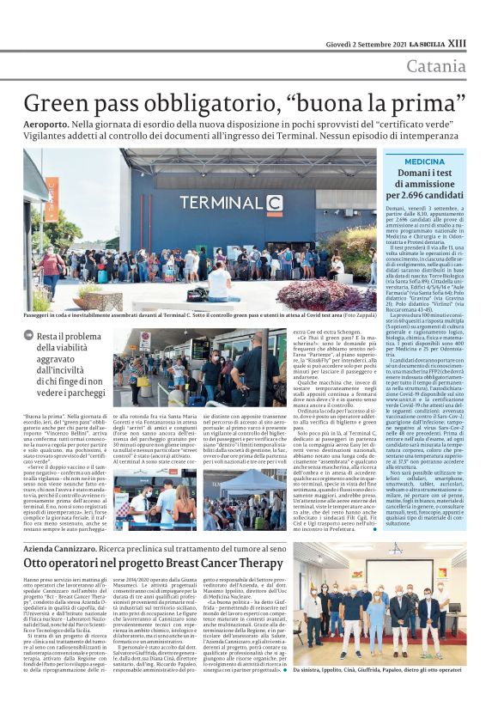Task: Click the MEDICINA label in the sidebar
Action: click(x=424, y=162)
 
